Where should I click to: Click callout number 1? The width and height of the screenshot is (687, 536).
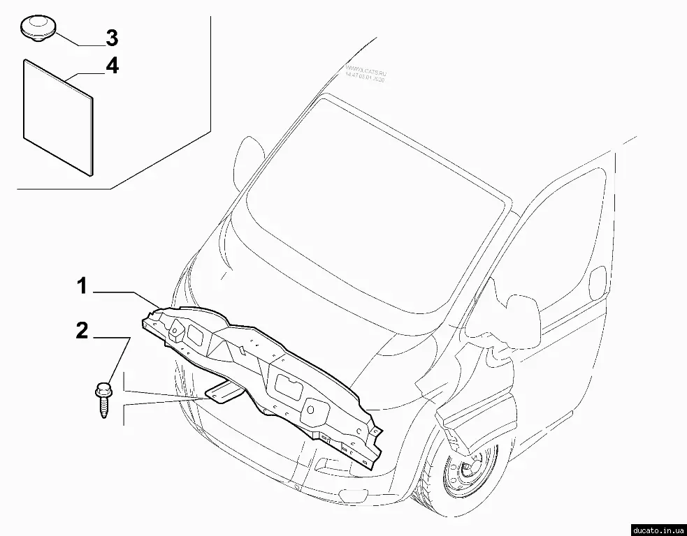82,285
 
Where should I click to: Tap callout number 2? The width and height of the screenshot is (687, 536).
82,331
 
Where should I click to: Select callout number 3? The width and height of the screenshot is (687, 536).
111,36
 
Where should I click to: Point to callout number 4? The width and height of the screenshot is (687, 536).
111,66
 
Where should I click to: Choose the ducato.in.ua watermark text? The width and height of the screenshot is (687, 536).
656,528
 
